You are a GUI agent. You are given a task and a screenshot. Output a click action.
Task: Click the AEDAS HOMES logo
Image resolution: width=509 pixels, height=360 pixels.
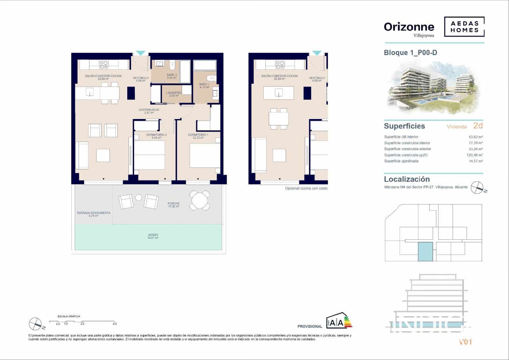pyautogui.click(x=464, y=27)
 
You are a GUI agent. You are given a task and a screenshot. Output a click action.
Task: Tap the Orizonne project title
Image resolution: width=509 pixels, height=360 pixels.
pyautogui.click(x=409, y=27)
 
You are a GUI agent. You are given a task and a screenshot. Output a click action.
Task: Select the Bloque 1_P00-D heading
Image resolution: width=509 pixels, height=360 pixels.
pyautogui.click(x=410, y=53)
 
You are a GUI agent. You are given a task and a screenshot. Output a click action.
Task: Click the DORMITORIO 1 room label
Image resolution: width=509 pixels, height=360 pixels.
pyautogui.click(x=198, y=136)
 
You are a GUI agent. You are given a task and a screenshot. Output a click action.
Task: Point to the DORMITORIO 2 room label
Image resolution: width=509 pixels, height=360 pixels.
pyautogui.click(x=157, y=136)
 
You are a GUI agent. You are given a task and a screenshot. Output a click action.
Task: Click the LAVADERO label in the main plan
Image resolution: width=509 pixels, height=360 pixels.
pyautogui.click(x=174, y=94)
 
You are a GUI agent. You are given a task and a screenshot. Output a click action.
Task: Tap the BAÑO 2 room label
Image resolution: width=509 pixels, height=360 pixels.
pyautogui.click(x=171, y=76)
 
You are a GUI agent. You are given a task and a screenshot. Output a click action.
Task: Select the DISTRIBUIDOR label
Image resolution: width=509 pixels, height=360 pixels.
pyautogui.click(x=149, y=111)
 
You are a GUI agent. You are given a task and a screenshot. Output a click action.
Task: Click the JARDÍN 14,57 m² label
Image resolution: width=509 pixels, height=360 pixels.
pyautogui.click(x=153, y=236)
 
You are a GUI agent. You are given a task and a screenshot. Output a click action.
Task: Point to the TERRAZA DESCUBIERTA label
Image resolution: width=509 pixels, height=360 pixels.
pyautogui.click(x=93, y=214)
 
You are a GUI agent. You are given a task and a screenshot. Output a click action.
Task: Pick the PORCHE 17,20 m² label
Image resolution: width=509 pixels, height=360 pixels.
pyautogui.click(x=174, y=205)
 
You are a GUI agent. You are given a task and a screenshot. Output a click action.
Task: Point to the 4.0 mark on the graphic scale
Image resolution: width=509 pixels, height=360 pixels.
pyautogui.click(x=115, y=324)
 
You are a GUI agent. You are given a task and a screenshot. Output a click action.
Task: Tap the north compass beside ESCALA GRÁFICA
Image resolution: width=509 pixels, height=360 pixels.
pyautogui.click(x=35, y=324)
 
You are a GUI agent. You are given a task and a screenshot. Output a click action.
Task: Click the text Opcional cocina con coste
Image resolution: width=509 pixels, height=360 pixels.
pyautogui.click(x=306, y=188)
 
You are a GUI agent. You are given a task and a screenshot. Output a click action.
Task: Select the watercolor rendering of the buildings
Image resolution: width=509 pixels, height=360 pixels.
pyautogui.click(x=434, y=88)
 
